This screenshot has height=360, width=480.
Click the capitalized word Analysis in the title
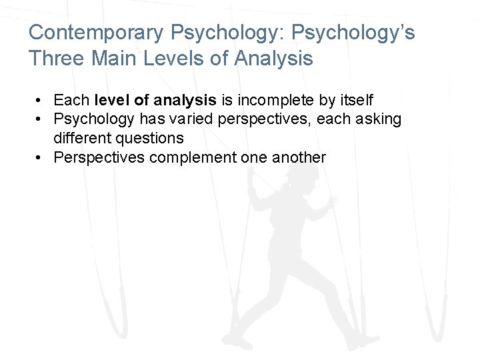tap(274, 59)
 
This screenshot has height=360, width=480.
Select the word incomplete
tap(272, 100)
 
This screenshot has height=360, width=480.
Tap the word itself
tap(355, 100)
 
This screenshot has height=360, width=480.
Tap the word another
tap(301, 157)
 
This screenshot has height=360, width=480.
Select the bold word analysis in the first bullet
tap(184, 100)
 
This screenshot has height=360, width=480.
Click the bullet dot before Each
tap(41, 101)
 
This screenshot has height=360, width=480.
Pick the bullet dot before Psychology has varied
tap(41, 120)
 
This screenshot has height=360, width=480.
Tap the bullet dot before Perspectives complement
tap(41, 158)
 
